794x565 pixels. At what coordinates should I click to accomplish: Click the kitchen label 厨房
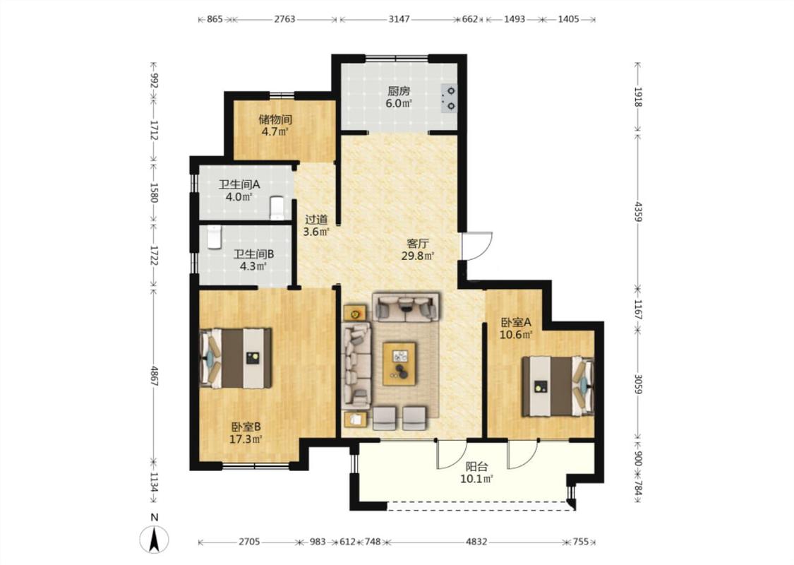point(399,91)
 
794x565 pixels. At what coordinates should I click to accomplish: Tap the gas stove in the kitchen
point(449,98)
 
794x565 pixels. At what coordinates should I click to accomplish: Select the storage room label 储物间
point(275,119)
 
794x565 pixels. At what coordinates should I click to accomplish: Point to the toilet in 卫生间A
point(277,208)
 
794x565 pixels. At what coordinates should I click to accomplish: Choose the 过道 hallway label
point(316,220)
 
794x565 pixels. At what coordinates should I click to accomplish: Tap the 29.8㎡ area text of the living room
point(418,256)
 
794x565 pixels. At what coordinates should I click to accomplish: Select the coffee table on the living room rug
point(399,364)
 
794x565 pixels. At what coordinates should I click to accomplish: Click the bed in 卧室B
point(236,358)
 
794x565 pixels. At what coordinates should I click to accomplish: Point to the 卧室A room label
point(515,322)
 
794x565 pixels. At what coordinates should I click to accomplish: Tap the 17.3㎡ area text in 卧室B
point(246,439)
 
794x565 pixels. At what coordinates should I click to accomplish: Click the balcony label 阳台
point(476,467)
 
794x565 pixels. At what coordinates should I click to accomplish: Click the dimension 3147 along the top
point(399,19)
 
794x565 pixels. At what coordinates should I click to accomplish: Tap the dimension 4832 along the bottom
point(476,542)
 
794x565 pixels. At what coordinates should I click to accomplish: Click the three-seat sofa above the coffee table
point(406,306)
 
